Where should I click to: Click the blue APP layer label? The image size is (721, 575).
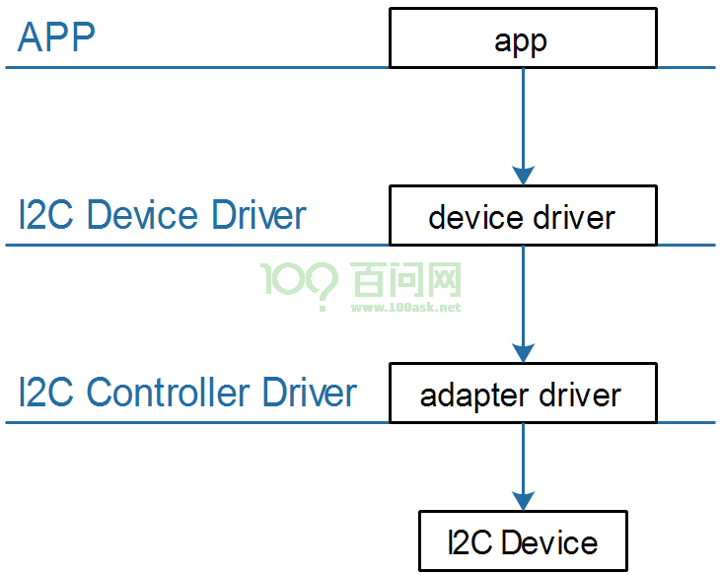point(56,36)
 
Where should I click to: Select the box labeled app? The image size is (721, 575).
point(523,37)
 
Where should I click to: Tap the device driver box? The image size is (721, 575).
point(523,215)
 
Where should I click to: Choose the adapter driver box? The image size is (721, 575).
point(523,393)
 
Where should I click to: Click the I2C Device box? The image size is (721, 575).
point(523,541)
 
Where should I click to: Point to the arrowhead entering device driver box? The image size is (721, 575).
point(523,176)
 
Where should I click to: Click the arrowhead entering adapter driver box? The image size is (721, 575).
point(523,353)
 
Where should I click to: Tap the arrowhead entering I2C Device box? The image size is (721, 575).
point(523,501)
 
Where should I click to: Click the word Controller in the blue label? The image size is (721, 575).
point(168,393)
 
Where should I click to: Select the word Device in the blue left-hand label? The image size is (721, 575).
point(142,215)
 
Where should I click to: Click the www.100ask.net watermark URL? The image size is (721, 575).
point(405,307)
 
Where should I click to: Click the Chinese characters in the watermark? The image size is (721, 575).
point(405,279)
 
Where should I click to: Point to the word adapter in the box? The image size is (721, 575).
point(473,395)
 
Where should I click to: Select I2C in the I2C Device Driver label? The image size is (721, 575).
point(46,215)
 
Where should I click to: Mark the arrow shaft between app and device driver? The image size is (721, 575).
point(523,117)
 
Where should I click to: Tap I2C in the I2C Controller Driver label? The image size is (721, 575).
point(46,393)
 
